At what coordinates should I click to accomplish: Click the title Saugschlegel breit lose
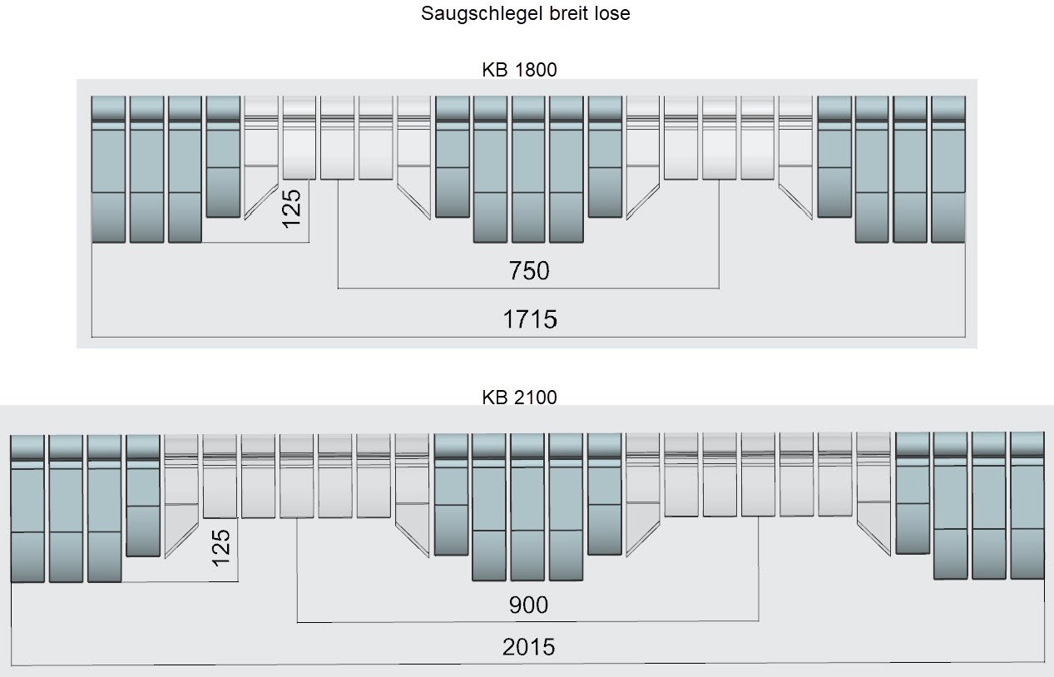525,13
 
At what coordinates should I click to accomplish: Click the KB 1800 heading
519,70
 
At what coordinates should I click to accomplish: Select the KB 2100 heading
519,398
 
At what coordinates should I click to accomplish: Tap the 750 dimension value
529,271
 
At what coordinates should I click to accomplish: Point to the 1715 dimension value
530,319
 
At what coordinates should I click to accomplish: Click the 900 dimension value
528,605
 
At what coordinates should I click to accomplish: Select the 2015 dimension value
528,647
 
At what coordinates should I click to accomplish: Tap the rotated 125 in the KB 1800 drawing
291,209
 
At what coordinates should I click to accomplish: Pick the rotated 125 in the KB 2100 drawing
220,548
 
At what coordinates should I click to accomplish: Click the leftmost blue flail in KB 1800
108,170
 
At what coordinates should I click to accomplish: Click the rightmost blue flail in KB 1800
948,170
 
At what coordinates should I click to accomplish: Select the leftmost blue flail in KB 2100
27,508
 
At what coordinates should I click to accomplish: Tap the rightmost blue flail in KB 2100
1027,506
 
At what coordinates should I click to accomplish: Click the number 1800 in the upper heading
536,70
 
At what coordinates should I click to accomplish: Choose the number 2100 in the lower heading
536,398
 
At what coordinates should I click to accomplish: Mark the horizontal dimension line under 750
528,288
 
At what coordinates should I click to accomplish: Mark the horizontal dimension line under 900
527,621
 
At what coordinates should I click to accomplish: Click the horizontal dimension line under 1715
528,337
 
